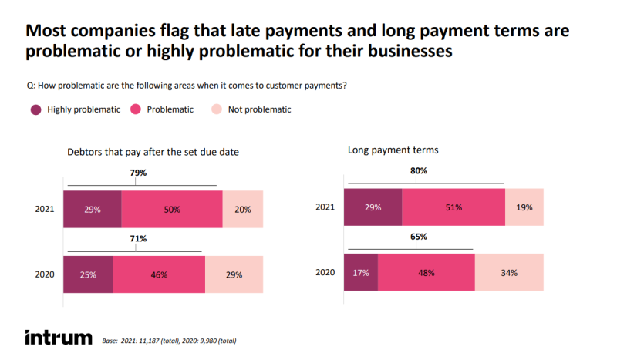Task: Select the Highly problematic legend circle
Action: click(x=36, y=109)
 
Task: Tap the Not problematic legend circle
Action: click(x=216, y=109)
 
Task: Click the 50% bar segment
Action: click(x=172, y=210)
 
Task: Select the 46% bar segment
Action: click(x=159, y=274)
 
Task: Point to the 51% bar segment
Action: click(x=453, y=207)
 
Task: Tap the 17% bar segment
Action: click(x=361, y=272)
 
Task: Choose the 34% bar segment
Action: click(x=508, y=272)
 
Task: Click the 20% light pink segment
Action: click(x=242, y=210)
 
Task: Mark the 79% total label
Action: click(x=139, y=173)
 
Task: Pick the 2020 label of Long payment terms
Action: click(x=327, y=273)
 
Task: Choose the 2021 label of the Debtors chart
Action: click(x=45, y=210)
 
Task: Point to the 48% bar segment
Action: click(x=426, y=272)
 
